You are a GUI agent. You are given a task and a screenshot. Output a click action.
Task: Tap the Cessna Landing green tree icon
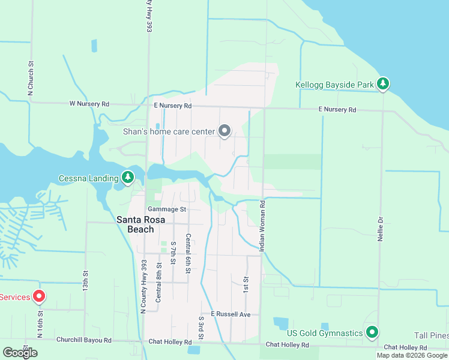127,178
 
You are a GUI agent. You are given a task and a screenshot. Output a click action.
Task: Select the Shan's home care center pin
225,131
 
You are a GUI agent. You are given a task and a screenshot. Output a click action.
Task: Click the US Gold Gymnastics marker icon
372,332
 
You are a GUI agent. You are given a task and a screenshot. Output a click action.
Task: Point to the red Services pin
39,296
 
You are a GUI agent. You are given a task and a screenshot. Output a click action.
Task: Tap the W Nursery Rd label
89,104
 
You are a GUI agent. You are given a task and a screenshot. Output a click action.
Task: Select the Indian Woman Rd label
262,226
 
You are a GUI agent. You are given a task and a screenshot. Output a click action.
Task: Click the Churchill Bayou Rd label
84,340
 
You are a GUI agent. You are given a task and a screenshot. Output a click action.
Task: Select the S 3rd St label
201,326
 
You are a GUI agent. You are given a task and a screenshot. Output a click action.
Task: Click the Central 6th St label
188,254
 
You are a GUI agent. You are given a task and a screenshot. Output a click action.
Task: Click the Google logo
20,353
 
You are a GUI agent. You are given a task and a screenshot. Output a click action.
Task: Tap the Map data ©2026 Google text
412,355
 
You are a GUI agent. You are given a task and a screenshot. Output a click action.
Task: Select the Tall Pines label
431,335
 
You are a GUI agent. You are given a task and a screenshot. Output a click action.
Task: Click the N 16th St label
41,324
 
